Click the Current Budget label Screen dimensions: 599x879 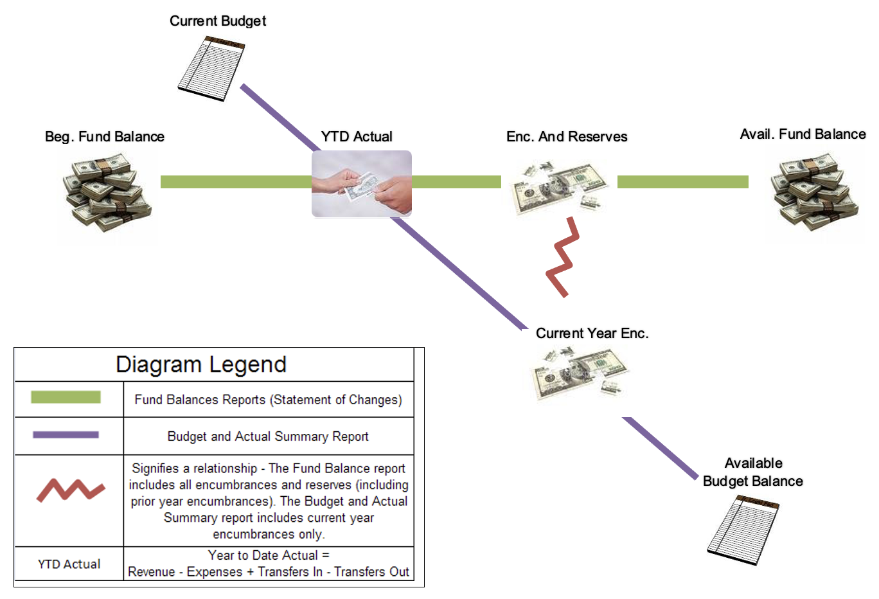coord(217,21)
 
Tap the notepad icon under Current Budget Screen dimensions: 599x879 coord(211,68)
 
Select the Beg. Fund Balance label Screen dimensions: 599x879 coord(105,137)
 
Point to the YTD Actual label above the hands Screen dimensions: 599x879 coord(357,137)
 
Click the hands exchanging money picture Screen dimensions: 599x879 coord(362,184)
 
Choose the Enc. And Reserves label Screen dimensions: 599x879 coord(567,137)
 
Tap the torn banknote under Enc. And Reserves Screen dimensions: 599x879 coord(560,186)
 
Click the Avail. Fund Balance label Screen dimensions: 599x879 coord(803,134)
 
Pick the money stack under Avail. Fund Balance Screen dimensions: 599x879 coord(815,192)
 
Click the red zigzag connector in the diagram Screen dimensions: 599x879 coord(563,258)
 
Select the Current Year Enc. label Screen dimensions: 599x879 coord(592,334)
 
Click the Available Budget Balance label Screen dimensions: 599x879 coord(753,472)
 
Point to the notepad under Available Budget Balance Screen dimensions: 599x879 coord(743,530)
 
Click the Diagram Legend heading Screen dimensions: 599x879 coord(201,364)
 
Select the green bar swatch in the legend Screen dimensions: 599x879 coord(66,397)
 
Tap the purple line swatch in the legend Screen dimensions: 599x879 coord(66,435)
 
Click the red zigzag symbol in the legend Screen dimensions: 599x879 coord(70,490)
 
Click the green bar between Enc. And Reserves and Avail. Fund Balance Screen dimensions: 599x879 coord(682,182)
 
